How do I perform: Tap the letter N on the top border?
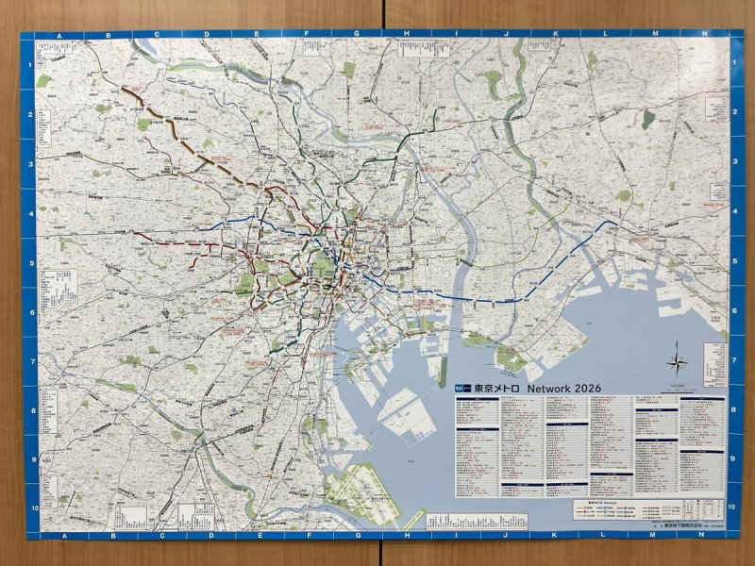[704, 35]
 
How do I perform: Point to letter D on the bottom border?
[206, 535]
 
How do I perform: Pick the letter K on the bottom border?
[554, 535]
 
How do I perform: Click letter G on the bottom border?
[356, 535]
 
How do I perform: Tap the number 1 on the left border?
[30, 64]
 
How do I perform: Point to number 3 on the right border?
[734, 163]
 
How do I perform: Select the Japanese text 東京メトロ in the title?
[496, 388]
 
